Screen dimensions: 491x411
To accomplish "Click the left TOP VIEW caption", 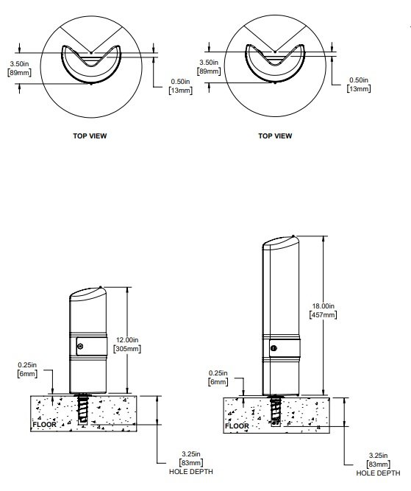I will tap(90, 136).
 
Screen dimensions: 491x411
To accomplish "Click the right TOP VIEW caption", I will tap(275, 136).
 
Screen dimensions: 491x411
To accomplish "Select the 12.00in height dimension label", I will tap(126, 344).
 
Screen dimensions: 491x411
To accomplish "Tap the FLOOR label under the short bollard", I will tap(44, 425).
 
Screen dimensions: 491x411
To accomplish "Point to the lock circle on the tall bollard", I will tap(274, 347).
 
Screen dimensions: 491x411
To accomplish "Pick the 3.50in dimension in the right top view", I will tap(210, 68).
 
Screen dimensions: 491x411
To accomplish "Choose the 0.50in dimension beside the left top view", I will tap(180, 86).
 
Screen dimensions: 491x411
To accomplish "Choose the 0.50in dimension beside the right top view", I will tap(358, 84).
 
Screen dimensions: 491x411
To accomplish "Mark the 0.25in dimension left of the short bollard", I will tap(25, 370).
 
